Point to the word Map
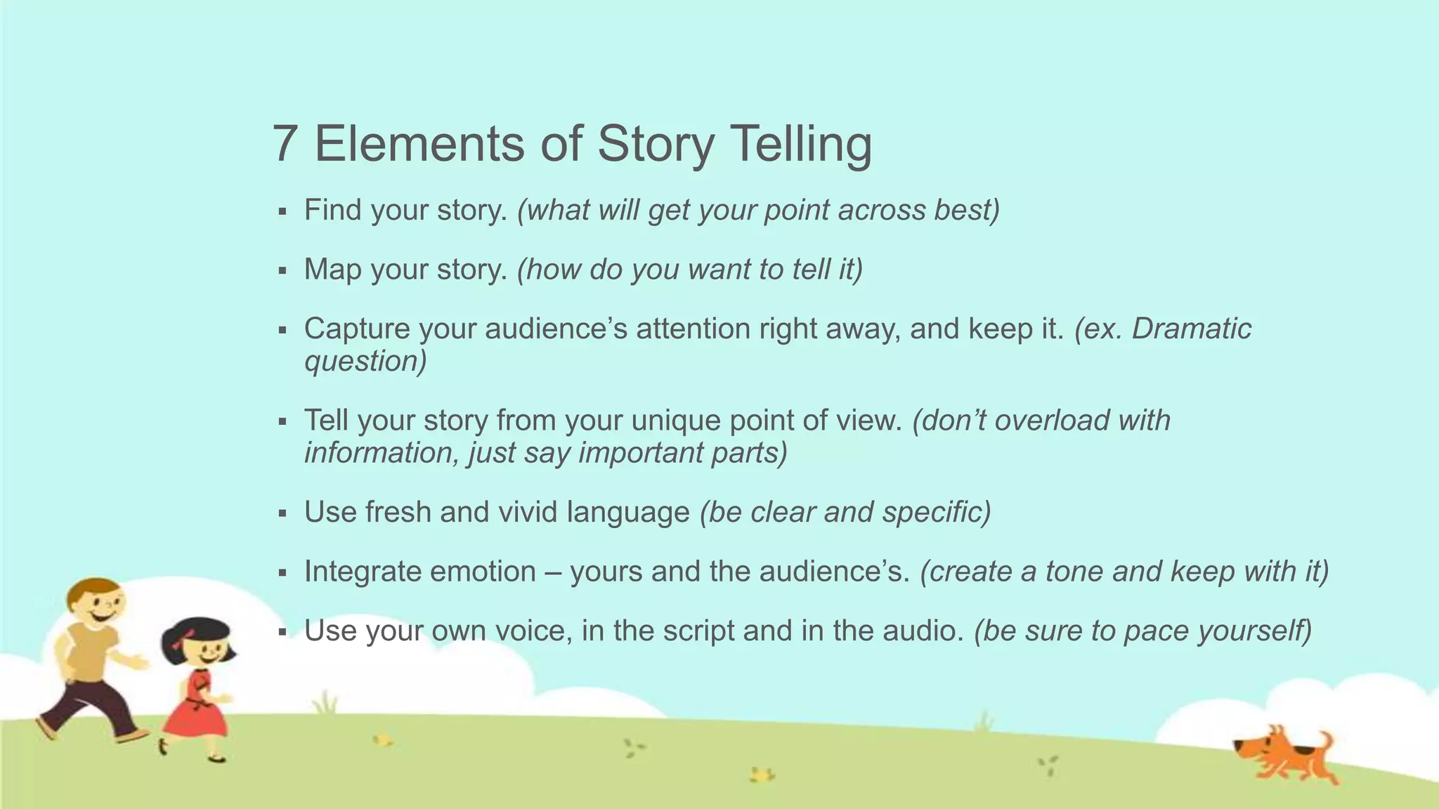tap(332, 270)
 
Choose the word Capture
tap(356, 329)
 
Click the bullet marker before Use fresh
tap(282, 513)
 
